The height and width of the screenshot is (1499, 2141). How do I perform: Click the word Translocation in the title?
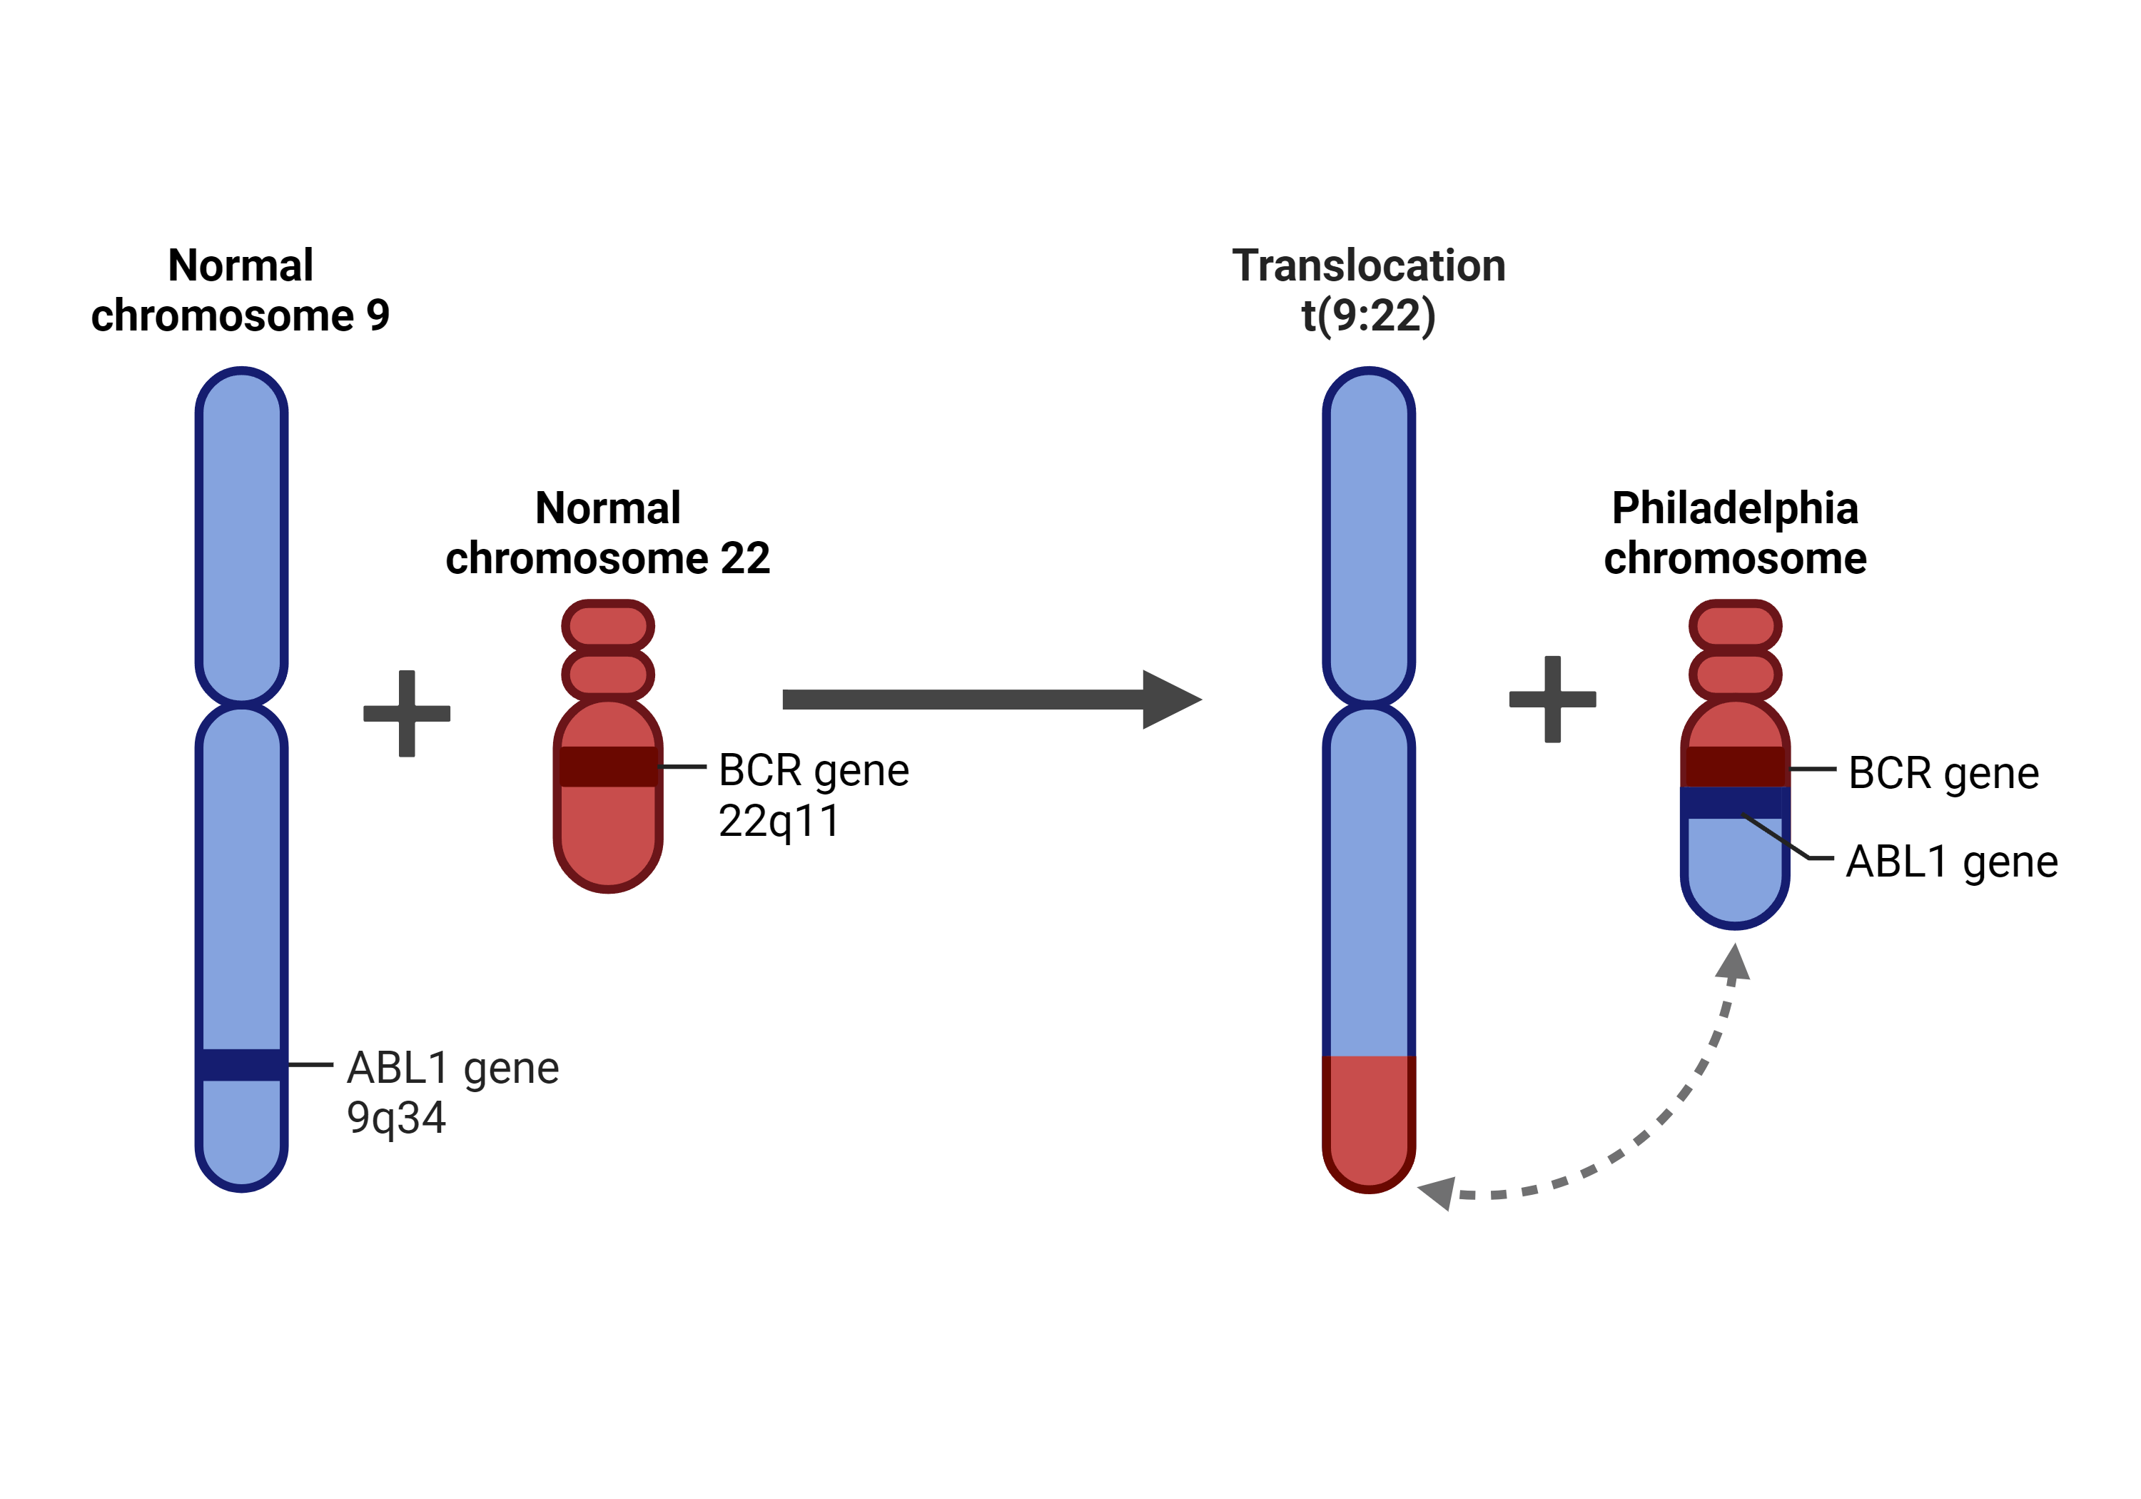[1368, 266]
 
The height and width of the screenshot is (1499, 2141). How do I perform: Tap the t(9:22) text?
[1368, 316]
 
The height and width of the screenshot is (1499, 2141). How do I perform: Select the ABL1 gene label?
[452, 1068]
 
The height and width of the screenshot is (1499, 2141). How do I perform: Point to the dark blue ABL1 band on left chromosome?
[241, 1064]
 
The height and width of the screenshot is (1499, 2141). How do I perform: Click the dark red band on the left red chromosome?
[608, 766]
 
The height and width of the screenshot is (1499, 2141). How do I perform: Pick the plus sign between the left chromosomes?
[407, 714]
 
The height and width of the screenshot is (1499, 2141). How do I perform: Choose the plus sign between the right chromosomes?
[1553, 699]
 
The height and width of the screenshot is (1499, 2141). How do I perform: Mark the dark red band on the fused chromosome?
[1734, 766]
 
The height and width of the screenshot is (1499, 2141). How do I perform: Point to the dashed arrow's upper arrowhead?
[1733, 964]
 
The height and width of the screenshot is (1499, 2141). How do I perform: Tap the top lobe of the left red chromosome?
[608, 625]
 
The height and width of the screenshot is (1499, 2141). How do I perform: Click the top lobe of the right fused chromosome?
[1736, 625]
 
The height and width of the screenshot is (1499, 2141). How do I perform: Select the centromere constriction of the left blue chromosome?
[241, 703]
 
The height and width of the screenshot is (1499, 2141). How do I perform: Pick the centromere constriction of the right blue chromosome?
[1369, 703]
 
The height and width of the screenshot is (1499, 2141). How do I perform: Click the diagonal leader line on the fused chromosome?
[1776, 837]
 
